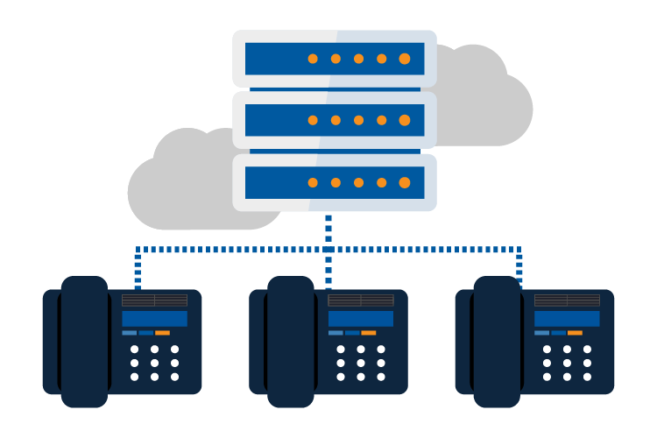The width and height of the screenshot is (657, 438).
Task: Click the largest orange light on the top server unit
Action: click(405, 59)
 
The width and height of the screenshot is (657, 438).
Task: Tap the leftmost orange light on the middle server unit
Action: click(313, 120)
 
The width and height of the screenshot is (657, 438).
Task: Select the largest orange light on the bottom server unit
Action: click(405, 182)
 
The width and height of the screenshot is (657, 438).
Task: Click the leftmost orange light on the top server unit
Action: click(313, 59)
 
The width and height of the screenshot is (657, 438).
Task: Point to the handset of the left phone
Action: click(84, 342)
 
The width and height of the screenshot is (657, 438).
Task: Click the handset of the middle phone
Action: click(291, 342)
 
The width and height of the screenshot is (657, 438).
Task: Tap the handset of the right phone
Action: click(497, 342)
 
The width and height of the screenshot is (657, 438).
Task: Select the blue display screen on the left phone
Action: click(154, 318)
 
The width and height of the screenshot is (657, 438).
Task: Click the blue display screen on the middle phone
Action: click(361, 318)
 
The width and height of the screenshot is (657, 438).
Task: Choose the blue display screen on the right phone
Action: click(567, 318)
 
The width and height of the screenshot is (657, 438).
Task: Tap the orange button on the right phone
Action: click(575, 333)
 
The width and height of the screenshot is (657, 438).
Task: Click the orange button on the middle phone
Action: click(369, 333)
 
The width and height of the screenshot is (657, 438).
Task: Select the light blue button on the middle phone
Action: click(336, 333)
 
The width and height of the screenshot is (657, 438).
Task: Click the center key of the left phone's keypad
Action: click(154, 363)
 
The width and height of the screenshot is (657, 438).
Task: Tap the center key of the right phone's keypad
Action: click(567, 363)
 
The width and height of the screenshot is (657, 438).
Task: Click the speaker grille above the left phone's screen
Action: click(154, 300)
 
